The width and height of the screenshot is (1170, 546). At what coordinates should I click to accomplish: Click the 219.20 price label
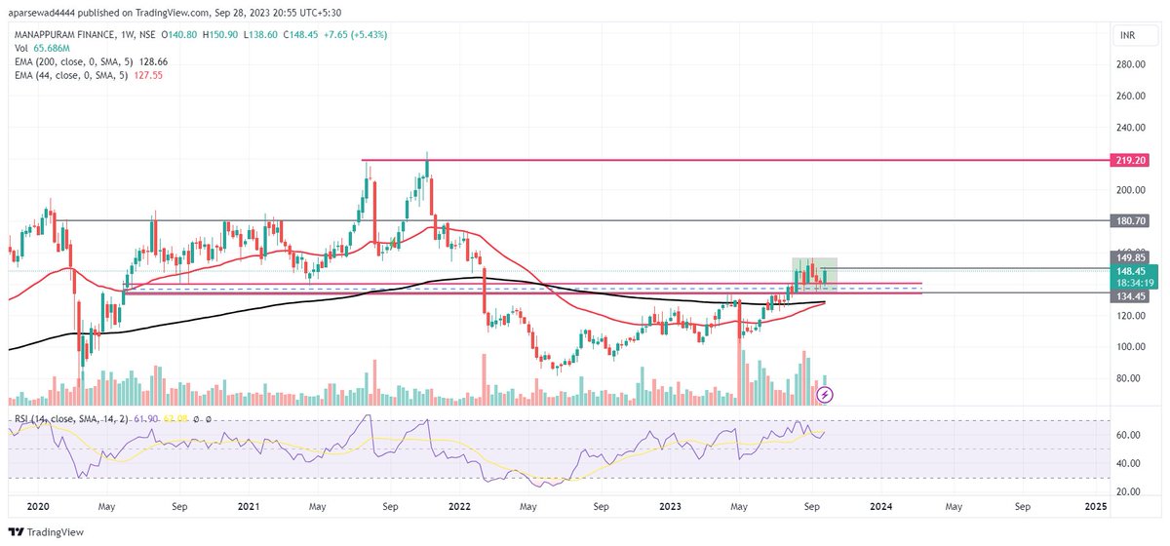coord(1130,159)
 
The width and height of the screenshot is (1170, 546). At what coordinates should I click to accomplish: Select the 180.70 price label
coord(1130,221)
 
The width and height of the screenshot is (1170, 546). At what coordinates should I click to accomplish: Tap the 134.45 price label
coord(1130,293)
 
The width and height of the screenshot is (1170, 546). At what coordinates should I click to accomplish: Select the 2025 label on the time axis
coord(1095,507)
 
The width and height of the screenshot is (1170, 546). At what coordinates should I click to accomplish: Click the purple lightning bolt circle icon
coord(826,394)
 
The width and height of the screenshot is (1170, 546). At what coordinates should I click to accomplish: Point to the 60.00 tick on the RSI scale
coord(1129,435)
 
